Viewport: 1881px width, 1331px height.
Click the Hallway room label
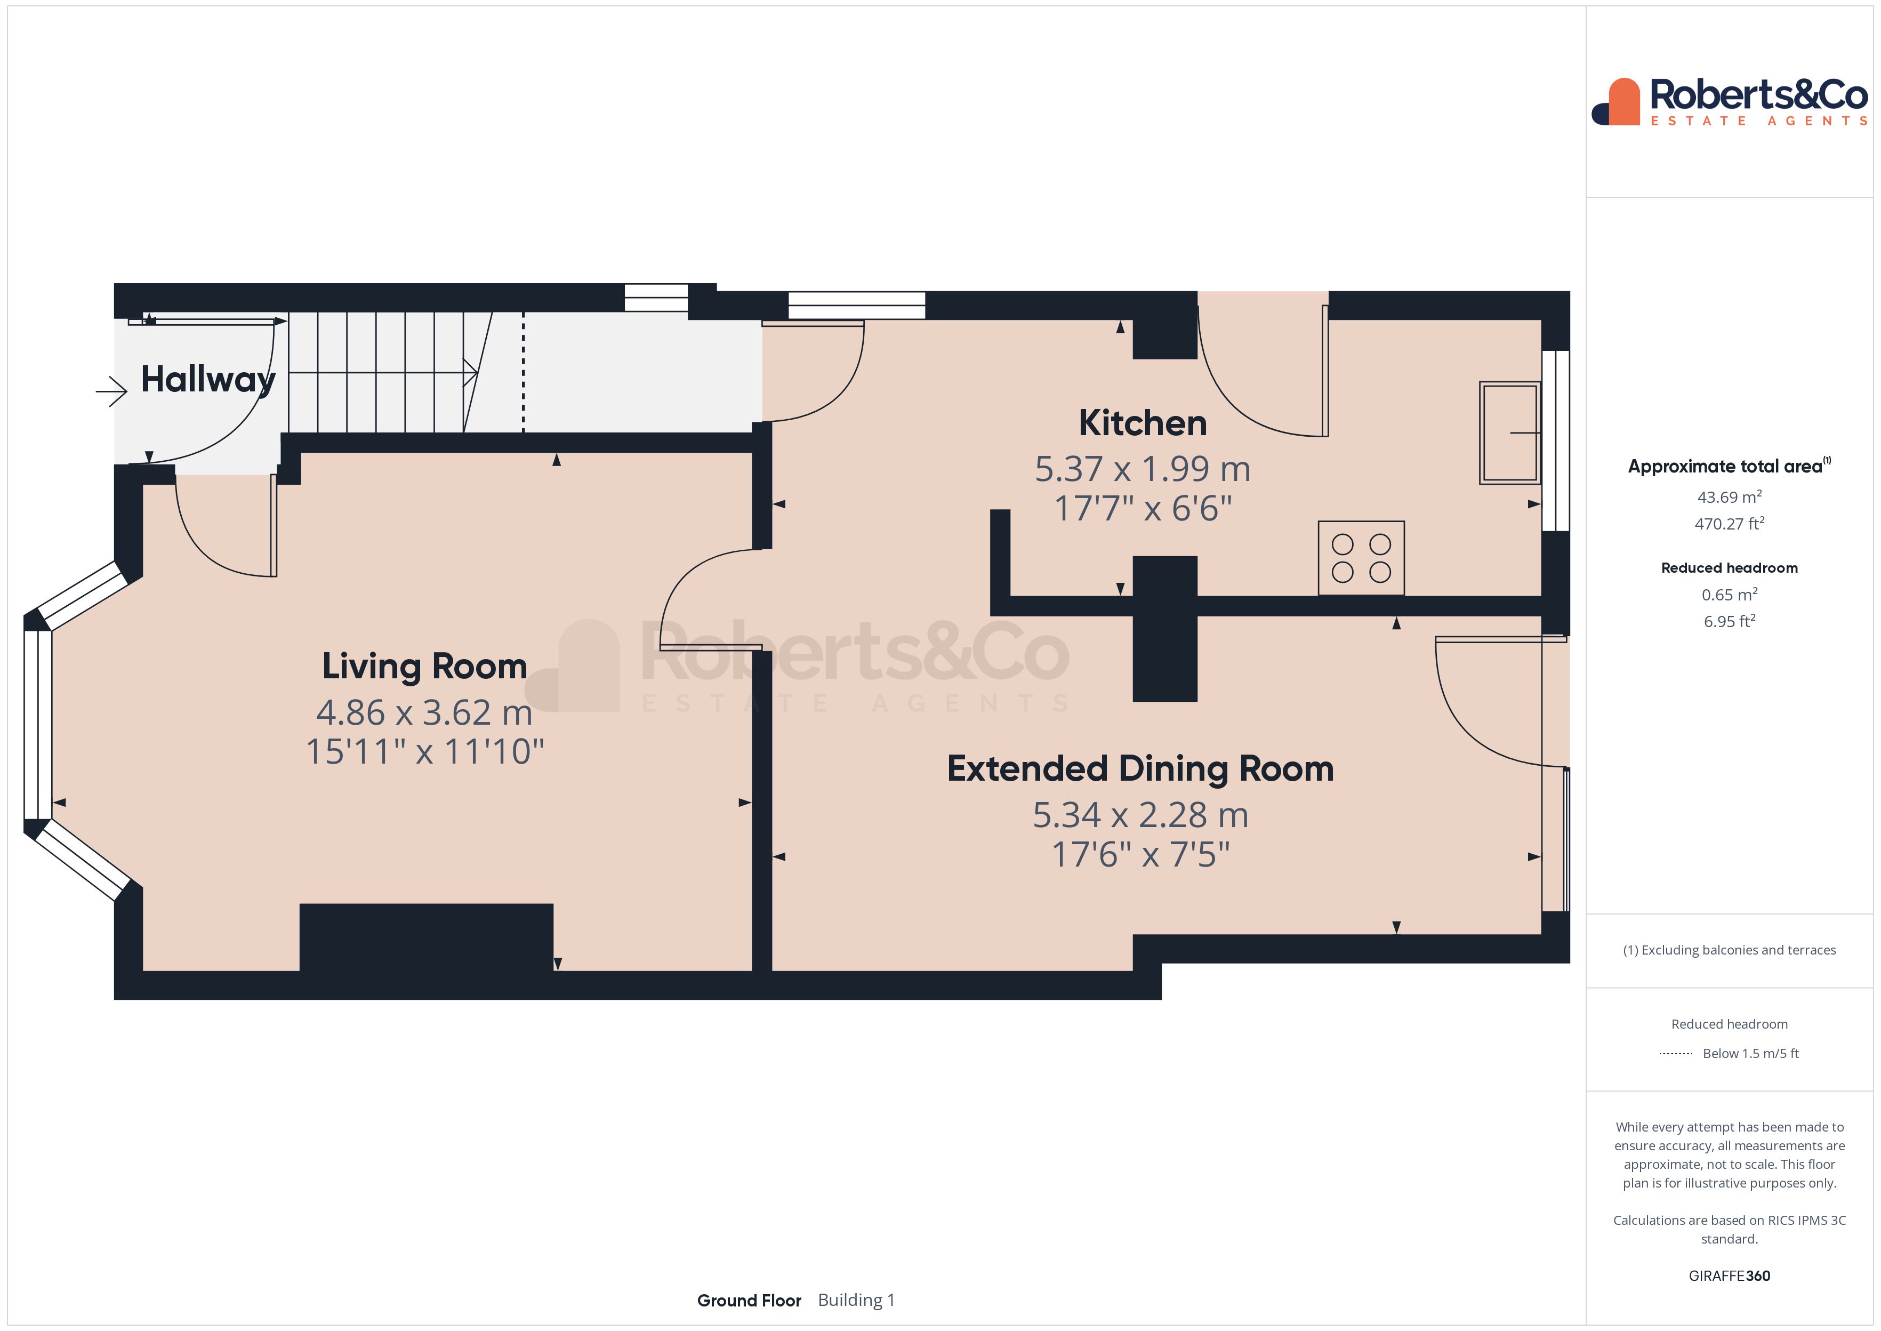click(x=208, y=380)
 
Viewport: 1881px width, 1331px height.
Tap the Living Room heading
click(x=424, y=667)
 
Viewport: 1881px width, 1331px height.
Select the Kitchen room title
click(x=1143, y=423)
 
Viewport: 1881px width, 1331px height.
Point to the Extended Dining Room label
click(x=1140, y=769)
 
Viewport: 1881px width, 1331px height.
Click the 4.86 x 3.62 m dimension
click(x=424, y=712)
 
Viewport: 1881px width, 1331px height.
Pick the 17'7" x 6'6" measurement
click(x=1143, y=508)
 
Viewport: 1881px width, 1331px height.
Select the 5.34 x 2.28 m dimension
click(x=1140, y=815)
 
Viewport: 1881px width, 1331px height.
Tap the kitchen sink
click(x=1510, y=433)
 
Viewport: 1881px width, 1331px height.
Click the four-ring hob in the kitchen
click(x=1361, y=558)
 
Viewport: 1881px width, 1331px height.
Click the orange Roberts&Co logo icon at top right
click(x=1617, y=102)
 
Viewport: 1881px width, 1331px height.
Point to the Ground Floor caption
click(x=749, y=1300)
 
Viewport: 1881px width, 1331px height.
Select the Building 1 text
click(x=856, y=1300)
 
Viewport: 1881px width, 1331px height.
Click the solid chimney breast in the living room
click(x=426, y=937)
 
